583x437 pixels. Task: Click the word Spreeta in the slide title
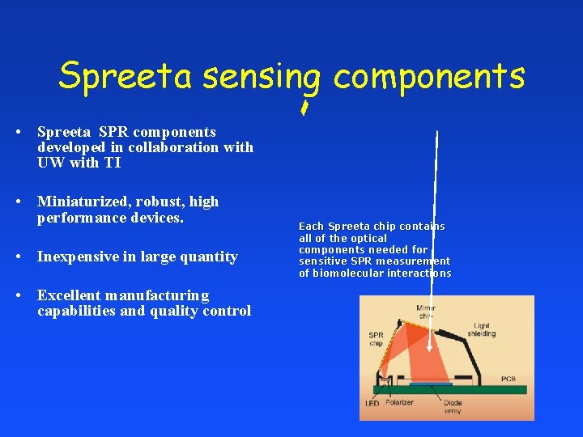pyautogui.click(x=127, y=77)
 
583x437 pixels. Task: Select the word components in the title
pyautogui.click(x=429, y=78)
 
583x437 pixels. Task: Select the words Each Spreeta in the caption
pyautogui.click(x=331, y=227)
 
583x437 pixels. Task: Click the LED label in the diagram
pyautogui.click(x=372, y=403)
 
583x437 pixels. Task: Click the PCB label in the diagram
pyautogui.click(x=508, y=378)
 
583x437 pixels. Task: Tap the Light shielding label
pyautogui.click(x=483, y=330)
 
